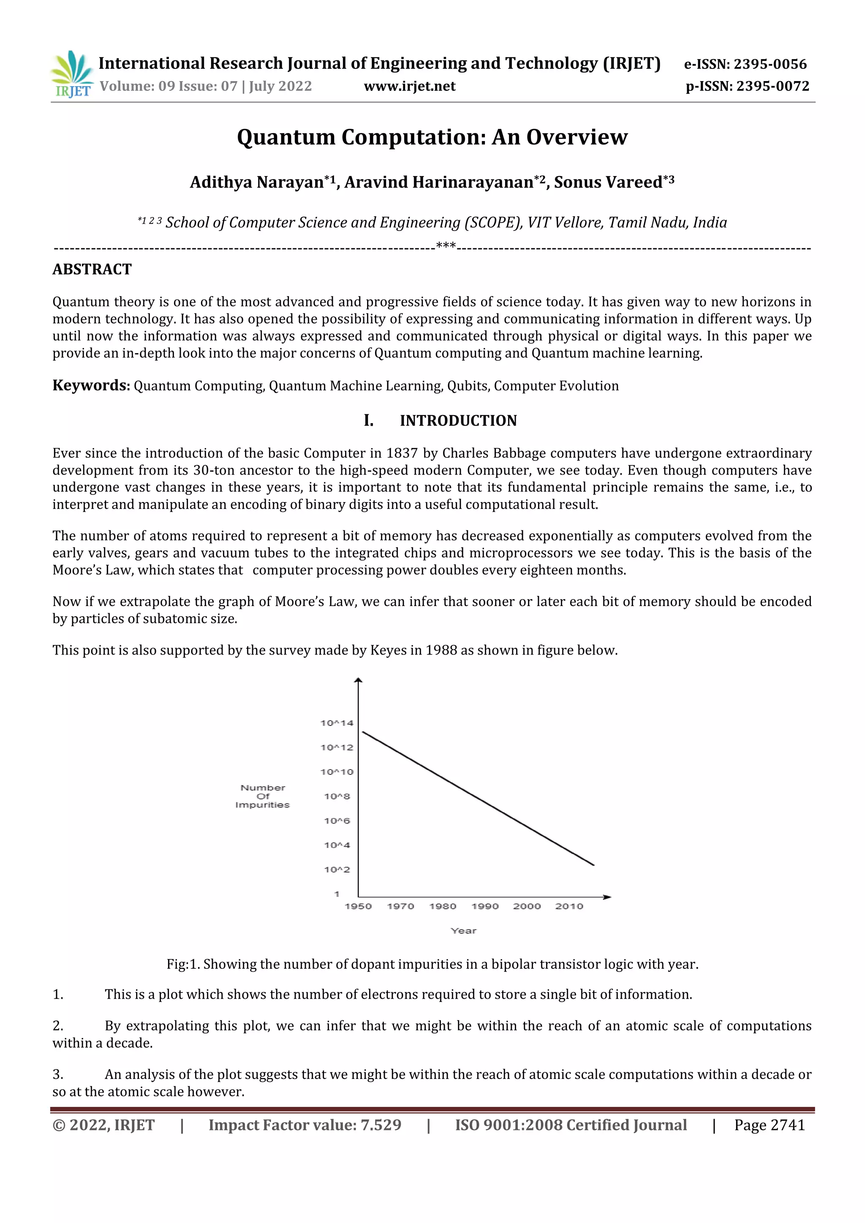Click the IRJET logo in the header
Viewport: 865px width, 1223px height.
tap(71, 74)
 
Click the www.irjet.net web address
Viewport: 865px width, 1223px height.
tap(409, 86)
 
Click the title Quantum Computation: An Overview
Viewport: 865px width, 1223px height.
tap(432, 137)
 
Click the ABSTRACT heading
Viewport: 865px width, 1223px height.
tap(92, 269)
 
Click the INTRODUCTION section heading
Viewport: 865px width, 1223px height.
tap(458, 421)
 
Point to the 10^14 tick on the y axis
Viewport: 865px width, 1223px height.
tap(337, 723)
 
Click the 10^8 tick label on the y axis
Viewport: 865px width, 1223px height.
tap(337, 796)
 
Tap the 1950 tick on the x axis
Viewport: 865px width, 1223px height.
tap(358, 906)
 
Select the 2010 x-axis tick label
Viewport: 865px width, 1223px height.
tap(569, 906)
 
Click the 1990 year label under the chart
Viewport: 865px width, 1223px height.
tap(485, 906)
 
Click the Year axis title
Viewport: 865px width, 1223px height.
tap(463, 931)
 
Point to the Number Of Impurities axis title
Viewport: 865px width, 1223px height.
tap(263, 796)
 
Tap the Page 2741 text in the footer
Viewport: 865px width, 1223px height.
tap(769, 1125)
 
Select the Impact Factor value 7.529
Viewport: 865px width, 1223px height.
tap(305, 1125)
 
